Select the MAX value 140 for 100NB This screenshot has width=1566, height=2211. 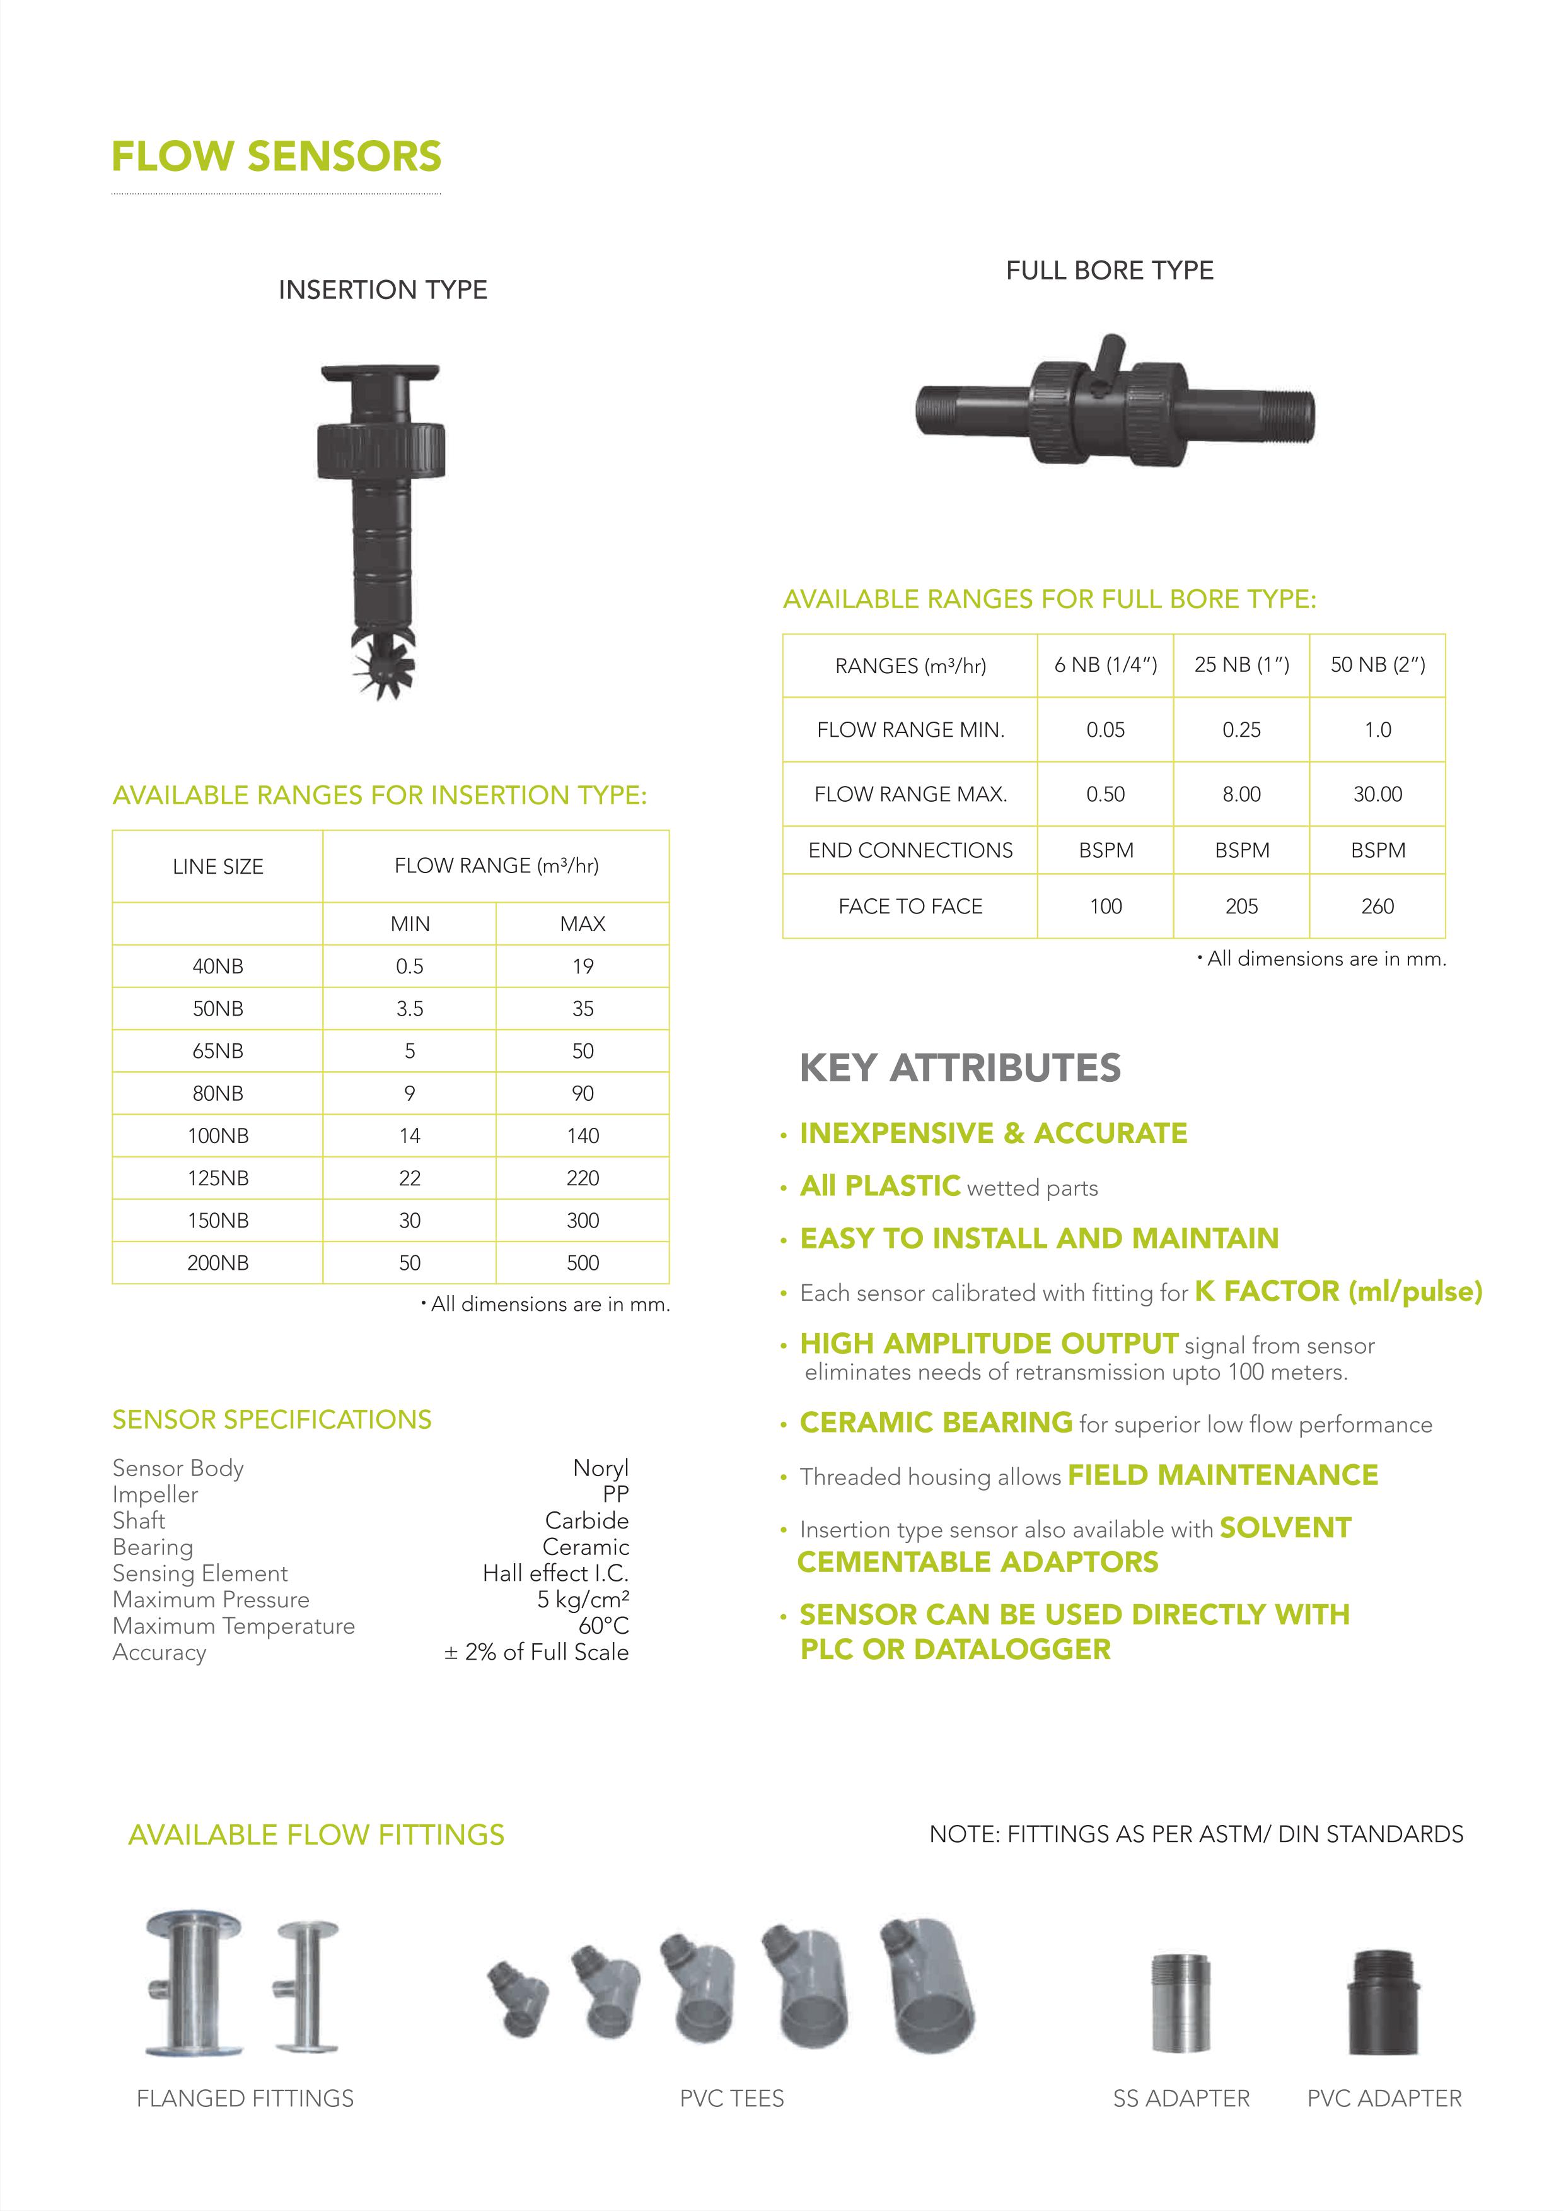(x=583, y=1135)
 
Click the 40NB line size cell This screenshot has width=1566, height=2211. (x=218, y=966)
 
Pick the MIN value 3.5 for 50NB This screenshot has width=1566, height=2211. (x=410, y=1008)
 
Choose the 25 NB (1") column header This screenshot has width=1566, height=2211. (x=1241, y=665)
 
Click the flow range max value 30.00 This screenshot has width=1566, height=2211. (x=1377, y=794)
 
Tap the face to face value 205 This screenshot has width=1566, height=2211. (x=1241, y=906)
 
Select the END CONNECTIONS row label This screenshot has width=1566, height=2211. (x=910, y=850)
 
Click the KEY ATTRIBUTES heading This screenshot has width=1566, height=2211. (x=960, y=1068)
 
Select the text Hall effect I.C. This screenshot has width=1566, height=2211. (x=555, y=1573)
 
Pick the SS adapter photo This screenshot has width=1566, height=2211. (x=1180, y=2003)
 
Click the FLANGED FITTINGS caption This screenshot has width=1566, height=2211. (x=245, y=2098)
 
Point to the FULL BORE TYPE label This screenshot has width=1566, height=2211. (x=1109, y=270)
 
